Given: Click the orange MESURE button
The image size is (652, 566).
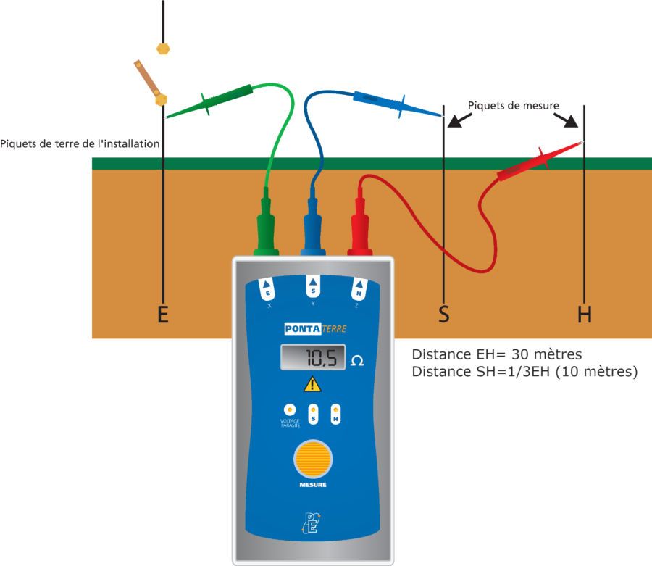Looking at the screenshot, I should click(x=312, y=459).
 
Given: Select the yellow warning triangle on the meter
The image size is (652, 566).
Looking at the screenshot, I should click(x=312, y=384).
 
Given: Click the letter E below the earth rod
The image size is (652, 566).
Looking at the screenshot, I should click(x=163, y=315).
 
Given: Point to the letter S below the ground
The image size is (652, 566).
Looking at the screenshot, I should click(x=443, y=315).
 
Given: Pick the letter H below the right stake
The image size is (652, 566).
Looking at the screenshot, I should click(x=585, y=315).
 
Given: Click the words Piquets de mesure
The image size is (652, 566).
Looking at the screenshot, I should click(x=513, y=105).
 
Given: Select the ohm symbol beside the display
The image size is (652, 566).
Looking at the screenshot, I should click(x=357, y=360).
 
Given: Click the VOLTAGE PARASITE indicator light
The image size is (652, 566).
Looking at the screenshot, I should click(x=290, y=409).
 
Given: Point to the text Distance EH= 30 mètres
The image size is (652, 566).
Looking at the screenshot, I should click(x=497, y=355).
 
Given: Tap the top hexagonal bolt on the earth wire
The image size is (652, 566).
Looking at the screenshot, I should click(x=163, y=49).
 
